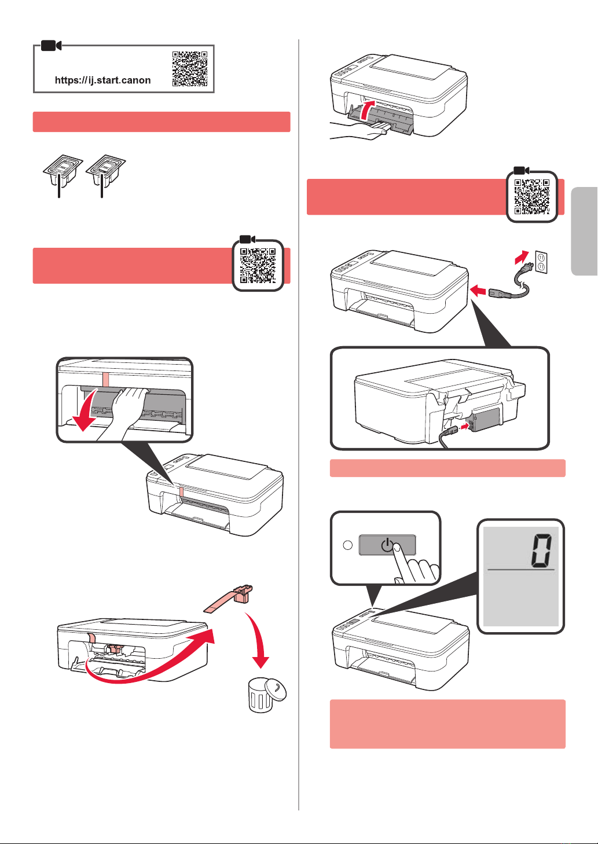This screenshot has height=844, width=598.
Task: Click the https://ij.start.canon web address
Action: click(102, 80)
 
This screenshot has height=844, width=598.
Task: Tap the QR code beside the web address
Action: click(189, 68)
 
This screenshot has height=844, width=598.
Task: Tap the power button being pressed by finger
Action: click(387, 545)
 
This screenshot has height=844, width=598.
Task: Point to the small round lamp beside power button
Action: click(348, 545)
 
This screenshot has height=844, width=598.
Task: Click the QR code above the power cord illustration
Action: click(532, 197)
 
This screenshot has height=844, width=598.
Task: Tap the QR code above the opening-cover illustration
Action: click(258, 266)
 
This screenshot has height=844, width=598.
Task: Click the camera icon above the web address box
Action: click(52, 45)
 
